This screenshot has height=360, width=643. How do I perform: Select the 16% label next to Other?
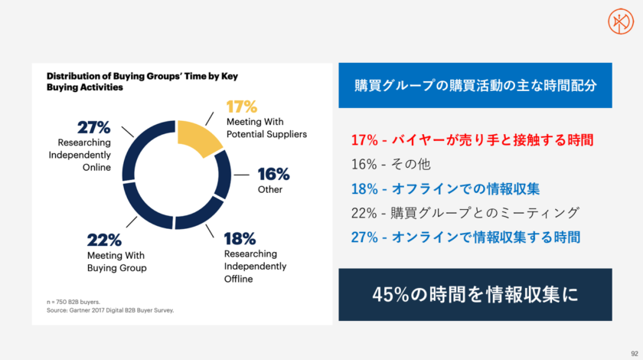pos(273,173)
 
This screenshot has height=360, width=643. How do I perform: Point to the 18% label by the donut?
pos(240,238)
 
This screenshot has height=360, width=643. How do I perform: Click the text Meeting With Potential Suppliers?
pos(266,128)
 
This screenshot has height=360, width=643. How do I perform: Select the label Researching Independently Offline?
pos(255,266)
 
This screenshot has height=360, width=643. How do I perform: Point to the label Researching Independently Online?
pos(84,156)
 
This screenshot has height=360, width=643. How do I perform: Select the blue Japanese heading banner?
pos(475,85)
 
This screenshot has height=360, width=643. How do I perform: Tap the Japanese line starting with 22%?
pos(465,212)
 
